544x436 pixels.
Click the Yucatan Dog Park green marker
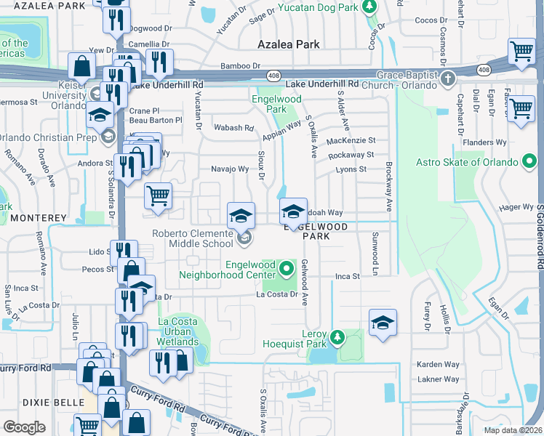(370, 7)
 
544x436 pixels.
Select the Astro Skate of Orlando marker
(531, 161)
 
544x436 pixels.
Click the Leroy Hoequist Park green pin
(337, 336)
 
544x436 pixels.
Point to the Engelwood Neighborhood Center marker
(287, 270)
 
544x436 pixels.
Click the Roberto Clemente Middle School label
(193, 238)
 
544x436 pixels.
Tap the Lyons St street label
(351, 169)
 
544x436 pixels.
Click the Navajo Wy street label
(230, 169)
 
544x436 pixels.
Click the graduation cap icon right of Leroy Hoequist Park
(383, 323)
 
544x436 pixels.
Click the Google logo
(24, 427)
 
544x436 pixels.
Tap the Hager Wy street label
(517, 208)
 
